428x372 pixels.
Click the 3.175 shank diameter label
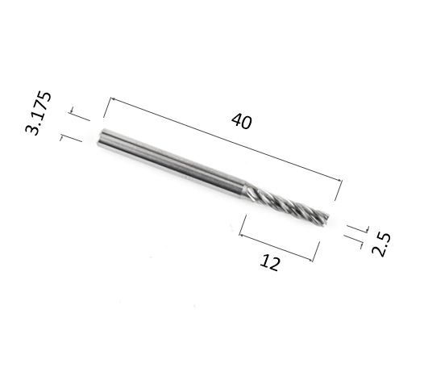click(x=38, y=113)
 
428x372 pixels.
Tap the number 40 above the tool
click(x=242, y=121)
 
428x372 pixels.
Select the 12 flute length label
click(x=270, y=263)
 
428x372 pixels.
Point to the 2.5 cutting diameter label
click(x=381, y=245)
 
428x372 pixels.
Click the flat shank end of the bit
click(x=100, y=137)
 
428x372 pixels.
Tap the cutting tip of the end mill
click(x=326, y=219)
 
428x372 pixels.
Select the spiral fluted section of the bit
click(x=287, y=203)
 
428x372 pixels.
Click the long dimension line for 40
click(x=226, y=139)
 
